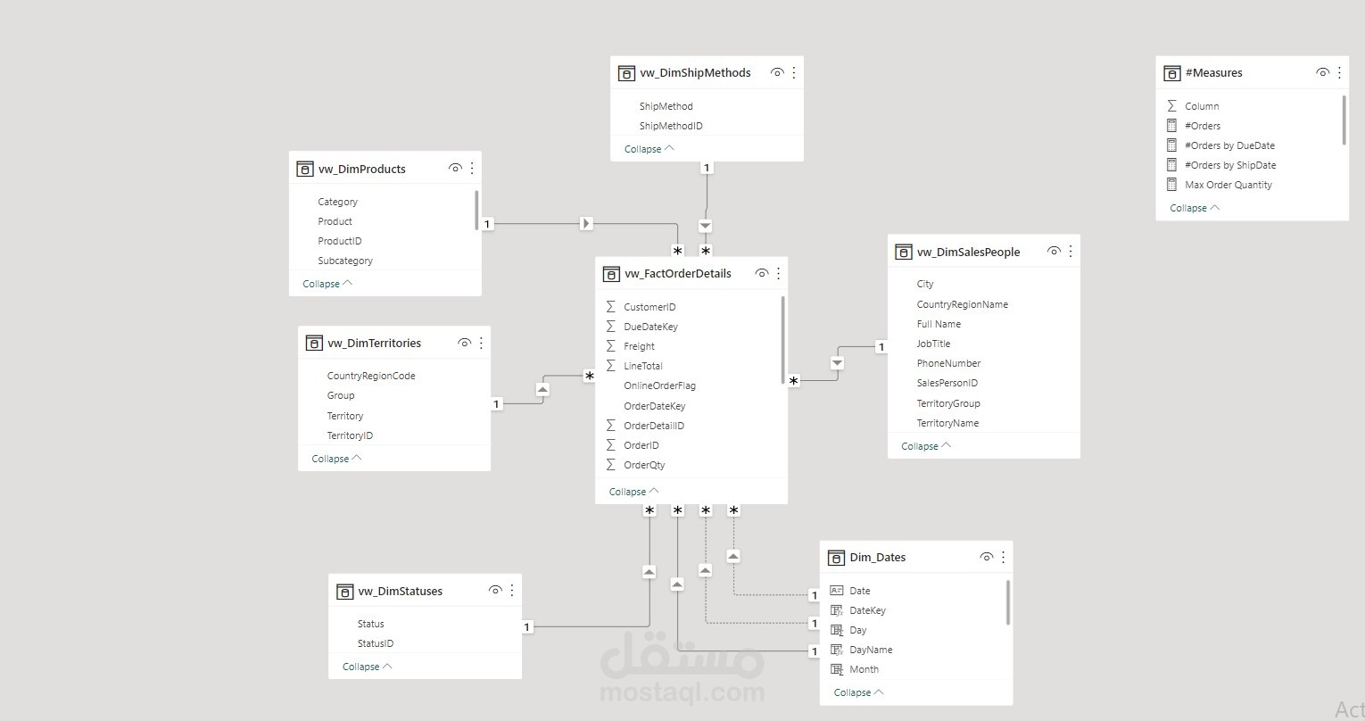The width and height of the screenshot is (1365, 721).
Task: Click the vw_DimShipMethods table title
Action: [695, 73]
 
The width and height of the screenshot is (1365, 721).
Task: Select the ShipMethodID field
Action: [671, 126]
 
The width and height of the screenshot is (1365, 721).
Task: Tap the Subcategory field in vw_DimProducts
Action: [345, 261]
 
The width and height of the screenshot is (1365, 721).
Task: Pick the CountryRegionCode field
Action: [371, 376]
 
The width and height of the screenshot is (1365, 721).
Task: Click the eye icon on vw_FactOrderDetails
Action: [761, 273]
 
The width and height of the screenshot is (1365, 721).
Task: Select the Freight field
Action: [639, 346]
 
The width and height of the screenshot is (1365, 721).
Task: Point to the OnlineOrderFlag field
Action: [659, 385]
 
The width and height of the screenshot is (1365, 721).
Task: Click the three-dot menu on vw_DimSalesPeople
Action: [1071, 252]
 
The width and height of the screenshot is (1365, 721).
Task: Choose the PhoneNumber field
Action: [948, 363]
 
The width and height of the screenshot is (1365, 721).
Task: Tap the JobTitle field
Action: [933, 344]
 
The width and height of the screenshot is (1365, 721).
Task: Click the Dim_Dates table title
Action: [877, 558]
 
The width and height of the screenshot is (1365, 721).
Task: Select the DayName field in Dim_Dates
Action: [871, 650]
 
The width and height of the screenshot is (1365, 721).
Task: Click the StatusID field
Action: [376, 643]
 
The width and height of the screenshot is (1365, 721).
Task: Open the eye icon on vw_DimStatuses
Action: [495, 591]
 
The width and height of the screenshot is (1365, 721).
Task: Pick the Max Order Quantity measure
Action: [1228, 185]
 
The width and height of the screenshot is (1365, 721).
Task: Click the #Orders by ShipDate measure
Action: [1230, 165]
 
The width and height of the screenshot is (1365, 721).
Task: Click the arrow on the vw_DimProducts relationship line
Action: [586, 223]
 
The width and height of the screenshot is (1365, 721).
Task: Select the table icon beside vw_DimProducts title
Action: [305, 169]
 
